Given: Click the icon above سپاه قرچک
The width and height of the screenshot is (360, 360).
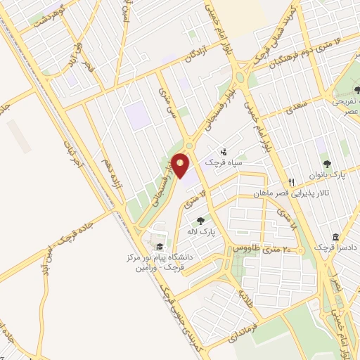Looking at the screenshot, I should (224, 150).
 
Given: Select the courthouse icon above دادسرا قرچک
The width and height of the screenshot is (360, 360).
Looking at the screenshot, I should (335, 236).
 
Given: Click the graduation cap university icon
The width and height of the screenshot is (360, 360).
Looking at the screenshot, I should (160, 246).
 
